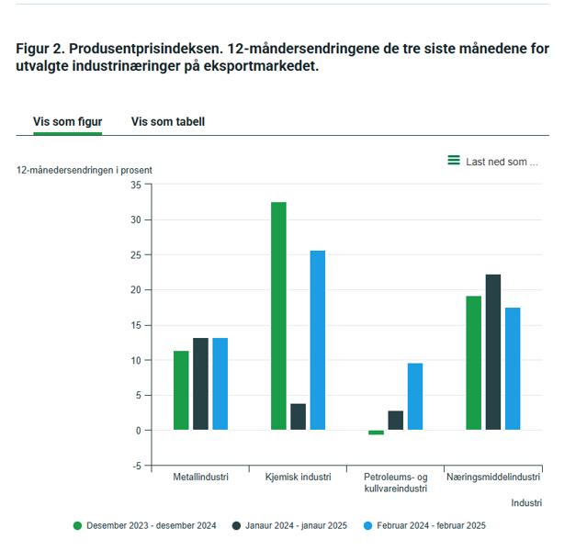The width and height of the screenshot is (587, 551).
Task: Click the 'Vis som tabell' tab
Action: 167,121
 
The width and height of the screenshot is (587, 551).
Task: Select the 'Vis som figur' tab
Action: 67,121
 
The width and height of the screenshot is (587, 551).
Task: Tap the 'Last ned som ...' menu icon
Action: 453,161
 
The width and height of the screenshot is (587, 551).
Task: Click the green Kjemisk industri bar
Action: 278,315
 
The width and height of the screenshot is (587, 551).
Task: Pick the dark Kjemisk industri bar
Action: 298,417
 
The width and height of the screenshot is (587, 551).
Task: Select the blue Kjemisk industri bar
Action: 317,340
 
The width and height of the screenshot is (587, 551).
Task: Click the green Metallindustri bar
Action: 181,390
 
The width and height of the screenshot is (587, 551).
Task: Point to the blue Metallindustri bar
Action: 220,384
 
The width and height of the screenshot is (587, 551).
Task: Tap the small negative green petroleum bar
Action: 376,433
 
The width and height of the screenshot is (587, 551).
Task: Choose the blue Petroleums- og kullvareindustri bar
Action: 415,397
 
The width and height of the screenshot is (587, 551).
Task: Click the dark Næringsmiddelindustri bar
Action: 493,352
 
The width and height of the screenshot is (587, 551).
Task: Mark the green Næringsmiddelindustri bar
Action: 473,363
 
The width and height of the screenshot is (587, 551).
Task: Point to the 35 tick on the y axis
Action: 136,185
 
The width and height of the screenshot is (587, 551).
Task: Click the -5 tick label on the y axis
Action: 136,466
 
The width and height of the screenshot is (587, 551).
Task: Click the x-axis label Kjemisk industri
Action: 298,478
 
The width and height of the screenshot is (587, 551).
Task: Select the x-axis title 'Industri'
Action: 526,503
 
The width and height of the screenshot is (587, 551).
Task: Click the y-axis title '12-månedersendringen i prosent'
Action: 85,170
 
